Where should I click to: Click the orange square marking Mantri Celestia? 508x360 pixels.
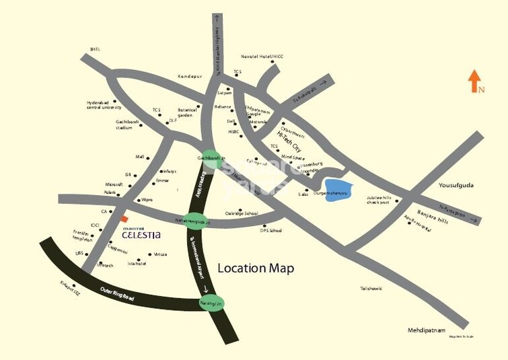coord(123,219)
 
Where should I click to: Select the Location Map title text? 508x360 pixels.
coord(256,268)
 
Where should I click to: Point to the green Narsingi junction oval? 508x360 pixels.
coord(211,304)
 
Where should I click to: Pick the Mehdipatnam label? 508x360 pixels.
coord(427,330)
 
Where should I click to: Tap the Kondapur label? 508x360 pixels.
coord(190,76)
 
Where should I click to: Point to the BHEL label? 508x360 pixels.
coord(95,49)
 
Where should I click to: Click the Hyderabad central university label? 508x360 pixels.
coord(104,104)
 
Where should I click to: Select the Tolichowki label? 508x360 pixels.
coord(371,288)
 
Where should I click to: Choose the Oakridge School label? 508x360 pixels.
coord(242,213)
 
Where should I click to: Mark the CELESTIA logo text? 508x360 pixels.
coord(141,236)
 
